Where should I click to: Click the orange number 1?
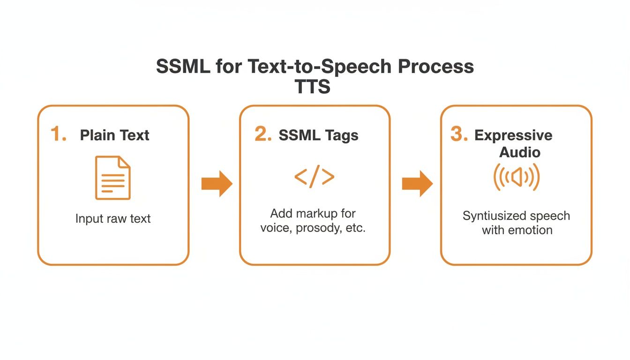pos(59,135)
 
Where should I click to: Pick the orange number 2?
pos(263,135)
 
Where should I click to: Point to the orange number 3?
pos(459,135)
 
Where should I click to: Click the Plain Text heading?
pos(114,135)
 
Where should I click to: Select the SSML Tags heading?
pos(318,135)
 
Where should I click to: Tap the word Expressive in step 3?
pos(513,135)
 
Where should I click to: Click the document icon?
pos(113,178)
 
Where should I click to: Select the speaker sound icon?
pos(517,177)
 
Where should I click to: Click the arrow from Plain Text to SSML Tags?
pos(217,184)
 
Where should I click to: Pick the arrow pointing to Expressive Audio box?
pos(417,184)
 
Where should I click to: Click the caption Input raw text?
pos(113,219)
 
